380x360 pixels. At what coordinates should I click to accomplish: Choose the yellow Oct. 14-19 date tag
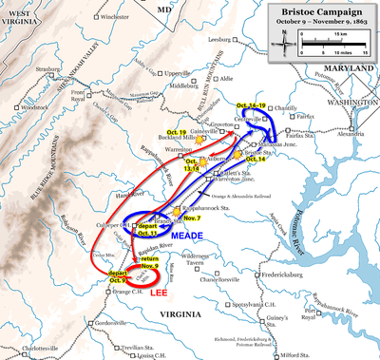(251, 104)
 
